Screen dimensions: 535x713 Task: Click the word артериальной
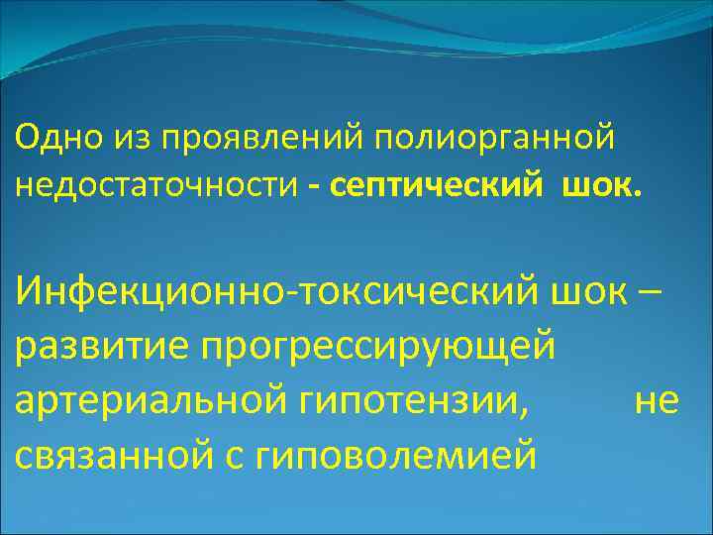tap(146, 402)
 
